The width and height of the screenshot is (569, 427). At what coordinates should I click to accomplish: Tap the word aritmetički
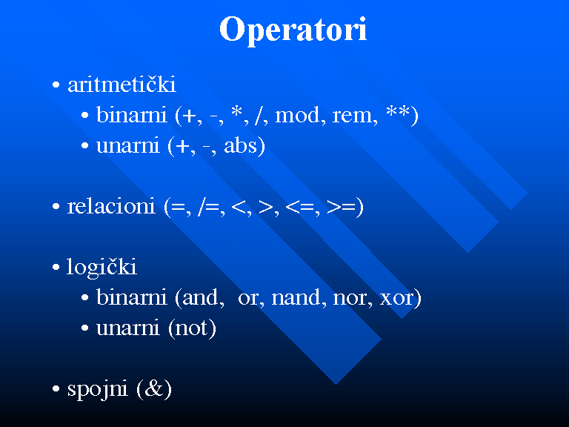click(122, 85)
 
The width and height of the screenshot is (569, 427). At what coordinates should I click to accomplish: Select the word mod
click(297, 115)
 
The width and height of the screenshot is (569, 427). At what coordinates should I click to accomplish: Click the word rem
click(353, 116)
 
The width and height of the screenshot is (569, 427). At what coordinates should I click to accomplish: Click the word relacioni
click(111, 206)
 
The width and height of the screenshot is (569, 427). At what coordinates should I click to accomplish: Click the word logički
click(102, 268)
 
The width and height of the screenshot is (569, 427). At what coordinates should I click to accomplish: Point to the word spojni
click(97, 390)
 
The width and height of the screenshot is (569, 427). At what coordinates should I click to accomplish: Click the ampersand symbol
click(154, 388)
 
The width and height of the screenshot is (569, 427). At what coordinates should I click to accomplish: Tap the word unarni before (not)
click(127, 328)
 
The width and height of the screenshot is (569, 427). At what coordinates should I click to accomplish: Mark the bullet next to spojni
click(56, 389)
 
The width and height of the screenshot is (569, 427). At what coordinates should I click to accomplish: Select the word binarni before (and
click(131, 298)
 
